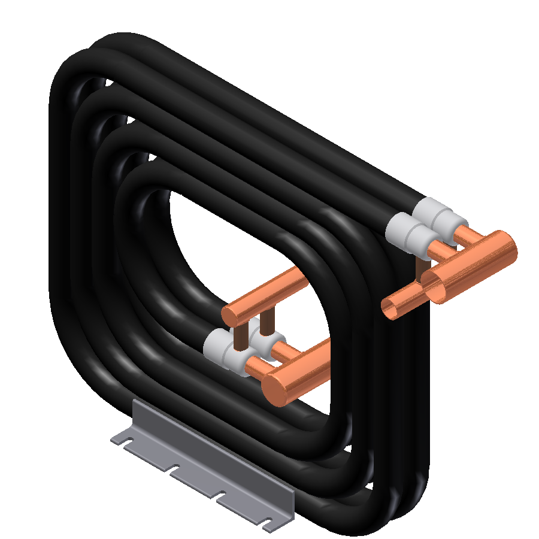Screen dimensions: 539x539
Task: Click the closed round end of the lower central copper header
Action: pyautogui.click(x=277, y=386)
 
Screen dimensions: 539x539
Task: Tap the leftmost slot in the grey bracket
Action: pyautogui.click(x=126, y=442)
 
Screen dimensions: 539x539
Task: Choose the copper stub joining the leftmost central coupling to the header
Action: pyautogui.click(x=254, y=366)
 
